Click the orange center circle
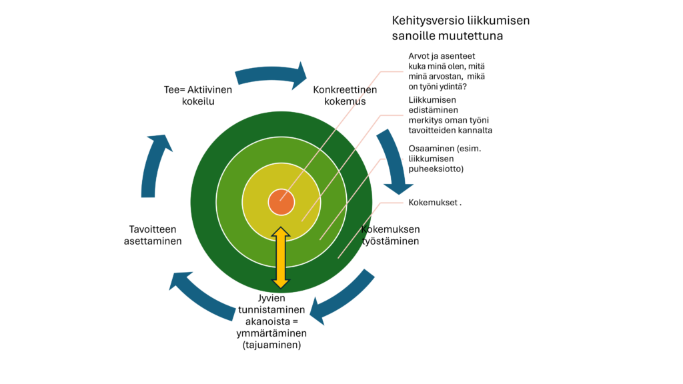[281, 202]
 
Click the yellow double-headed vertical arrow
[281, 257]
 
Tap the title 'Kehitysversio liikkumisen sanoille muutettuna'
[460, 27]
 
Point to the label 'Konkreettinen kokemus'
[345, 95]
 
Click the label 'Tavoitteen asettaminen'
[153, 235]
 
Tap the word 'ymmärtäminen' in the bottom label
[271, 333]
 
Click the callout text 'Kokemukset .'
[435, 203]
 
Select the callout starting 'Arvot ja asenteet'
[446, 71]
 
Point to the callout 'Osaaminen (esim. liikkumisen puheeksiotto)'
[444, 159]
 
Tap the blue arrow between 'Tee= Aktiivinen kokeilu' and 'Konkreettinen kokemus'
[270, 74]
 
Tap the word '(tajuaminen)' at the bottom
[271, 345]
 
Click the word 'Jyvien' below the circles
[271, 297]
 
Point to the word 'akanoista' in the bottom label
[271, 321]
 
